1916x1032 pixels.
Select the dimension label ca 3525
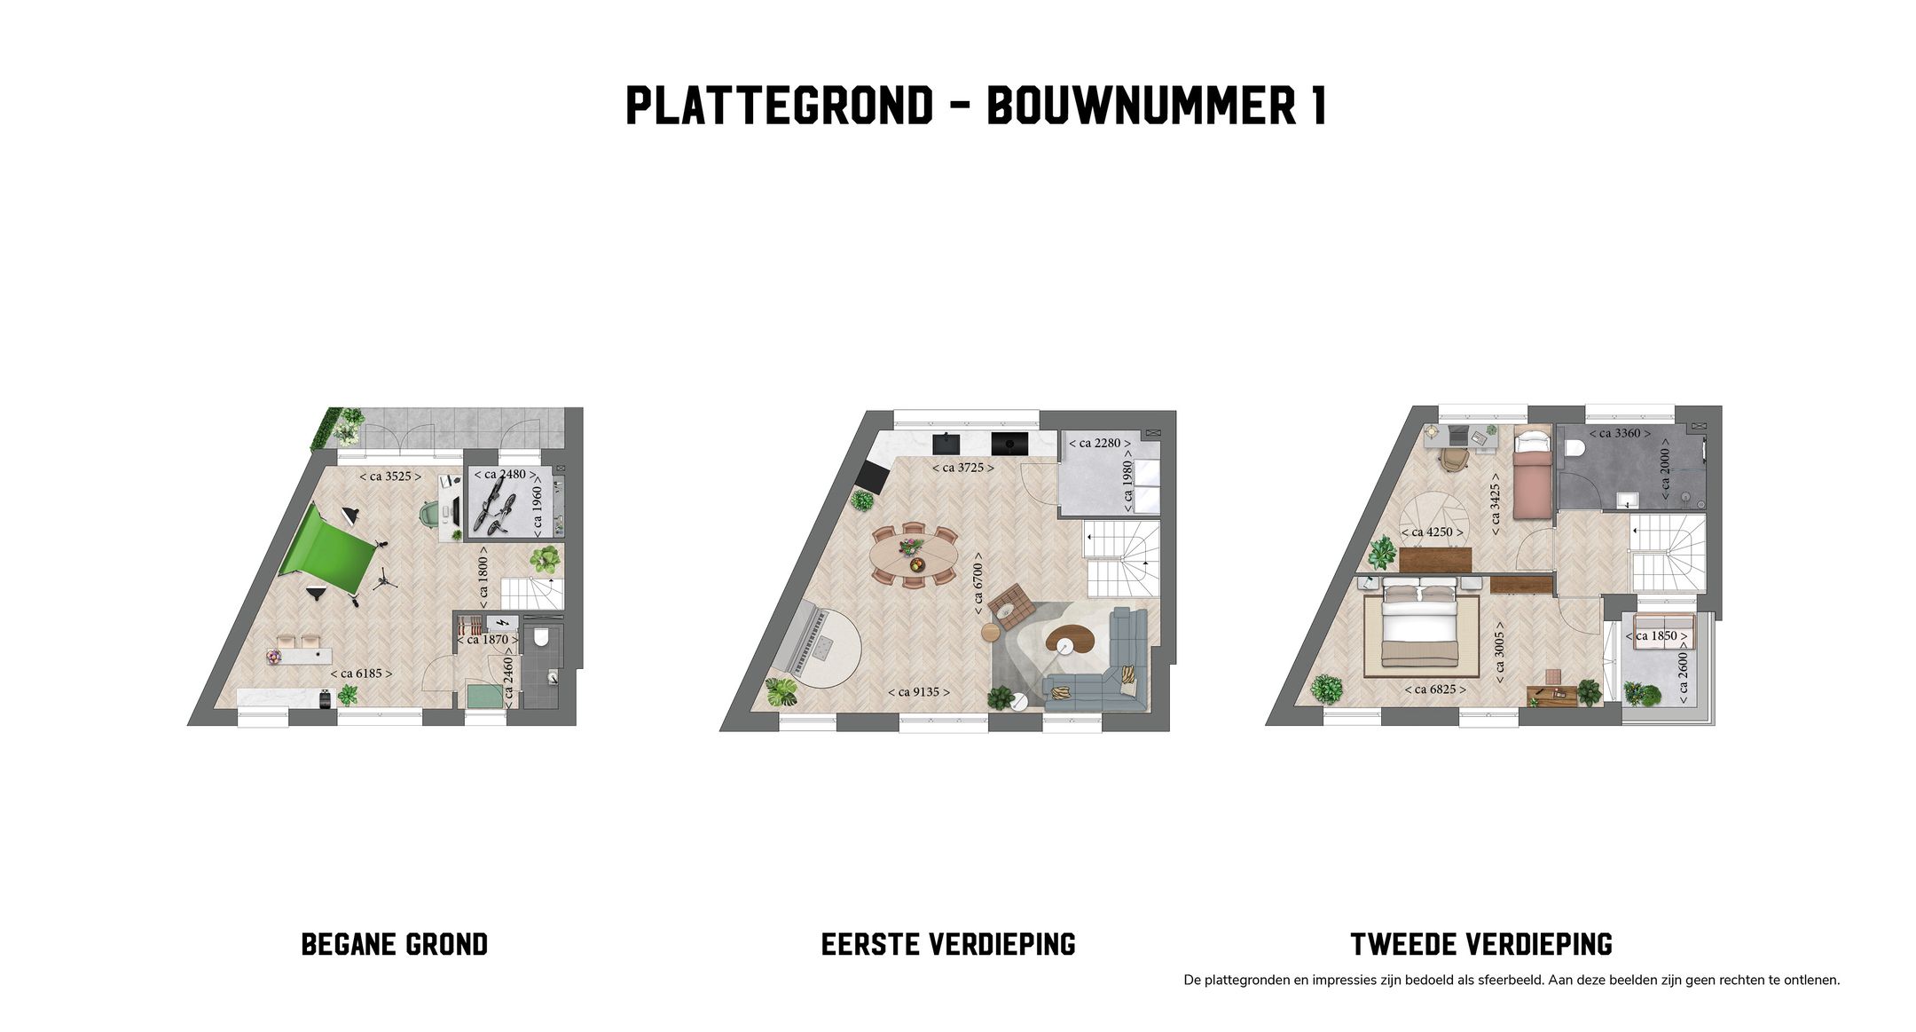point(389,477)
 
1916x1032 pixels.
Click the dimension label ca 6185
point(361,674)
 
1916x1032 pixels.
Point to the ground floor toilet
point(542,637)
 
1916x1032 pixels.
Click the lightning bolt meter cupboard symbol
point(502,622)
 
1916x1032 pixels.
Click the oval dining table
point(914,556)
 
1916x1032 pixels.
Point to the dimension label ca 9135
point(918,692)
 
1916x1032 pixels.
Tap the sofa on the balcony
point(1659,634)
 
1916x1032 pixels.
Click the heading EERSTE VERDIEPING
point(947,944)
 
